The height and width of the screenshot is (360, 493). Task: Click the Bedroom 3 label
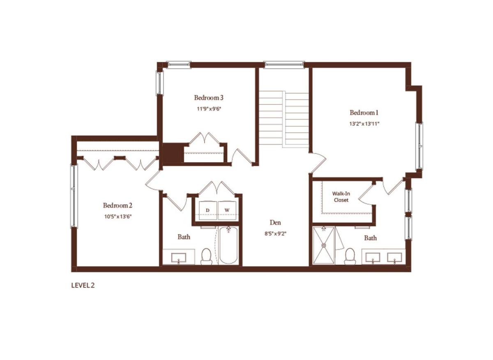[x=209, y=97]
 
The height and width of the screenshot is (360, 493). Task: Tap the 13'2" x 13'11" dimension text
[x=364, y=124]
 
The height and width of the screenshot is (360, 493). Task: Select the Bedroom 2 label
[x=117, y=205]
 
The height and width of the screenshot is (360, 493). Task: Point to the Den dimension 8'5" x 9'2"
[x=275, y=233]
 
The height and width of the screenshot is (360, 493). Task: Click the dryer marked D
[x=208, y=210]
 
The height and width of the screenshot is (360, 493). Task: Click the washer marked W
[x=227, y=210]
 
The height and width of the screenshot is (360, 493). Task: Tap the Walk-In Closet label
[x=341, y=197]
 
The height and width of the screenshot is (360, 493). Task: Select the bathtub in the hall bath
[x=228, y=245]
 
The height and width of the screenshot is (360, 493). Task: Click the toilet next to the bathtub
[x=206, y=256]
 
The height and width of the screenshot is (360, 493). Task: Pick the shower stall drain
[x=324, y=245]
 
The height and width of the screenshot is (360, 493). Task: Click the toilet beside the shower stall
[x=350, y=256]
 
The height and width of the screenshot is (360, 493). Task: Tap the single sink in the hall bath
[x=178, y=258]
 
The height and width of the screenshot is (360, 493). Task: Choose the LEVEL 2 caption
[x=83, y=285]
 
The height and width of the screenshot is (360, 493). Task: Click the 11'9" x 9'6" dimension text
[x=209, y=109]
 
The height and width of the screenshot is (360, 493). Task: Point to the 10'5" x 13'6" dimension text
[x=118, y=217]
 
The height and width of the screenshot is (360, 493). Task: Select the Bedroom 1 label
[x=364, y=113]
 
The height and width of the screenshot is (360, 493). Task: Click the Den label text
[x=275, y=223]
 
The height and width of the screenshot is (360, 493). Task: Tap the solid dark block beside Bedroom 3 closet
[x=173, y=153]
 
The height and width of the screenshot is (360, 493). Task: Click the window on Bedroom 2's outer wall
[x=74, y=196]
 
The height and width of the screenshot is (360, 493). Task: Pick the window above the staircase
[x=284, y=64]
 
